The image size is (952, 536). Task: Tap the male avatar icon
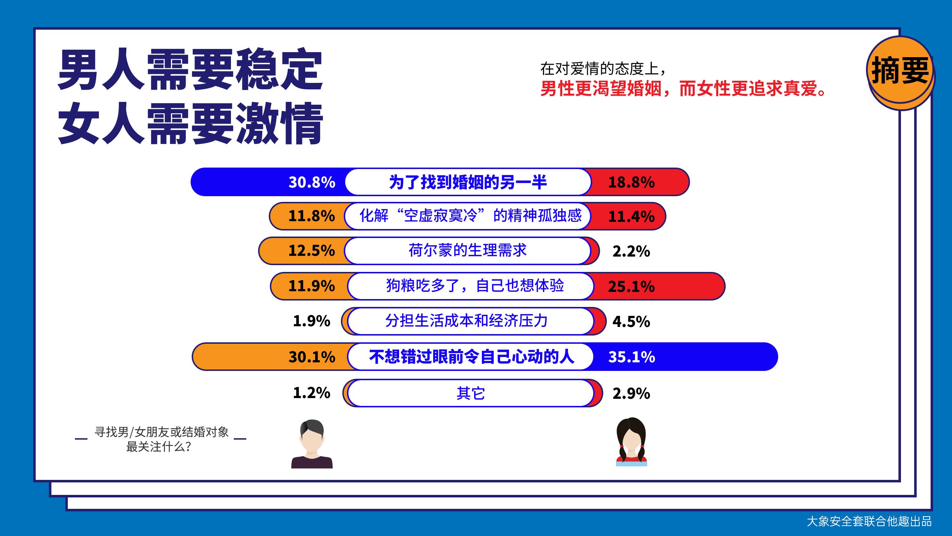pos(312,444)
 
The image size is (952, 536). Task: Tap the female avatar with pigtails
pos(631,442)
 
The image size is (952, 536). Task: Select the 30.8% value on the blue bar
pos(312,182)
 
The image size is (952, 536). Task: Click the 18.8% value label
pos(631,182)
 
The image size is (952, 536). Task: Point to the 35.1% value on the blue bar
pos(631,357)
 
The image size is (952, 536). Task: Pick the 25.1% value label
pos(631,287)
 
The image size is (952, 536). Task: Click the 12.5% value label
pos(312,250)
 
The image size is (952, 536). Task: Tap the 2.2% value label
pos(631,252)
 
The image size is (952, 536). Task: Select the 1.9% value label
pos(312,321)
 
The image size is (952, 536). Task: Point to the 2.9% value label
pos(631,393)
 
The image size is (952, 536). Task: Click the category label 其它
pos(470,393)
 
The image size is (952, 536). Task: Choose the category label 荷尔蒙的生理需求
pos(468,250)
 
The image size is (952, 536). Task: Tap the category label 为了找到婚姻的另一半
pos(468,182)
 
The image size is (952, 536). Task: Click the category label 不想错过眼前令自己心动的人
pos(472,357)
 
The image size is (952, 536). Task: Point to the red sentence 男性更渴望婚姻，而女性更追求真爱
pos(684,89)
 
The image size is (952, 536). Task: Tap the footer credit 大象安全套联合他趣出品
pos(869,522)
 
